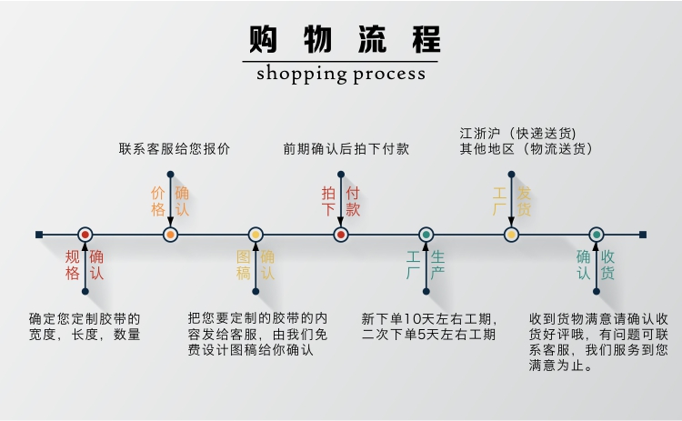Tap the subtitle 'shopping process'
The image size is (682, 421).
click(x=340, y=74)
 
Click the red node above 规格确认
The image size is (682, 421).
click(x=85, y=235)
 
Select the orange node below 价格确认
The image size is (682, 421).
click(x=170, y=235)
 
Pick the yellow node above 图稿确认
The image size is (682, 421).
click(x=256, y=235)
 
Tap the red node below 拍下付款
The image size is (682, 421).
click(x=341, y=235)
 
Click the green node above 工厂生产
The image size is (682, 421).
click(x=426, y=235)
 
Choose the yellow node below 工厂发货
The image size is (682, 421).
click(x=511, y=235)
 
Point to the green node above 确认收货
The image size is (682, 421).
click(x=597, y=235)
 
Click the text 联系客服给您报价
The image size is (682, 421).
click(x=175, y=148)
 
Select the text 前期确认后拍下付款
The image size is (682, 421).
click(x=346, y=148)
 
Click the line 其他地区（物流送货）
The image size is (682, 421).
click(x=526, y=148)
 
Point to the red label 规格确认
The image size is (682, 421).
click(x=85, y=265)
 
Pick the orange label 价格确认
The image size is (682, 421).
click(x=170, y=201)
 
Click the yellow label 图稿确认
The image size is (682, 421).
click(x=256, y=265)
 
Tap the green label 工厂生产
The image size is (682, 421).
click(x=426, y=265)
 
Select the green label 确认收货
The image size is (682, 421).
click(x=596, y=265)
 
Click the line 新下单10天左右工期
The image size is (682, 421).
click(x=429, y=319)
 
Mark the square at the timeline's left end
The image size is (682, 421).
click(x=39, y=235)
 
